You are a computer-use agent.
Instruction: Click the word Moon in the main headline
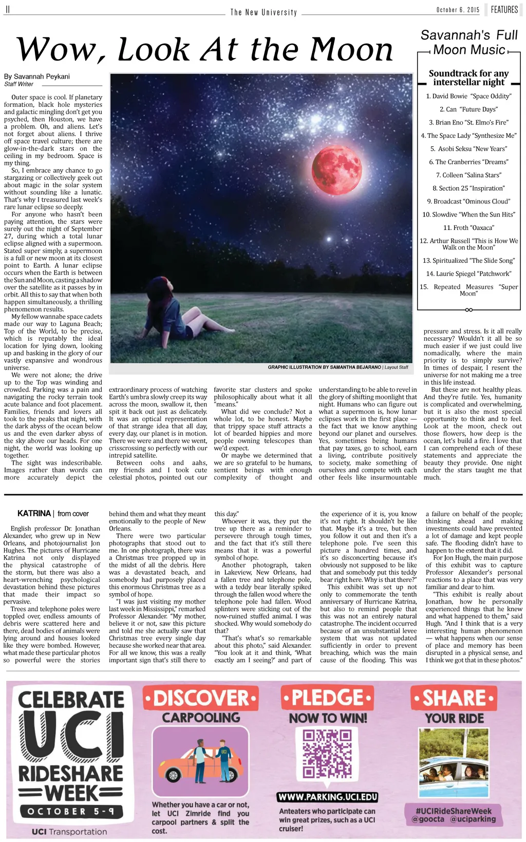point(351,50)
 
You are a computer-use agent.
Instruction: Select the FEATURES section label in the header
point(504,10)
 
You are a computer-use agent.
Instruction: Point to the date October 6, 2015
point(458,10)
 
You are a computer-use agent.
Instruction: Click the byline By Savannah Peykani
point(37,77)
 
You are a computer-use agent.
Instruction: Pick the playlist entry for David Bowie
point(468,96)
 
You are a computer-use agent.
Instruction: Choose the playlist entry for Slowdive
point(468,214)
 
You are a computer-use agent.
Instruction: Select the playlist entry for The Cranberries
point(468,162)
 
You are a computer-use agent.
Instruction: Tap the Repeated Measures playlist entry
point(468,290)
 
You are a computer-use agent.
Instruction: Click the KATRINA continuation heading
point(34,514)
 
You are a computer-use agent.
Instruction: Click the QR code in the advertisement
point(327,754)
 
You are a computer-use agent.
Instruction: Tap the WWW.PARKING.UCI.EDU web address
point(328,797)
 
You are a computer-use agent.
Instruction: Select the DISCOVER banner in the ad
point(200,698)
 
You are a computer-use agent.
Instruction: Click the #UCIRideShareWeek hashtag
point(454,811)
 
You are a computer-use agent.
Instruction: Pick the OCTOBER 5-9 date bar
point(70,812)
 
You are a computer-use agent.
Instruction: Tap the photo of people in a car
point(454,763)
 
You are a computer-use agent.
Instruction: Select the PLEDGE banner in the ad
point(327,698)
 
